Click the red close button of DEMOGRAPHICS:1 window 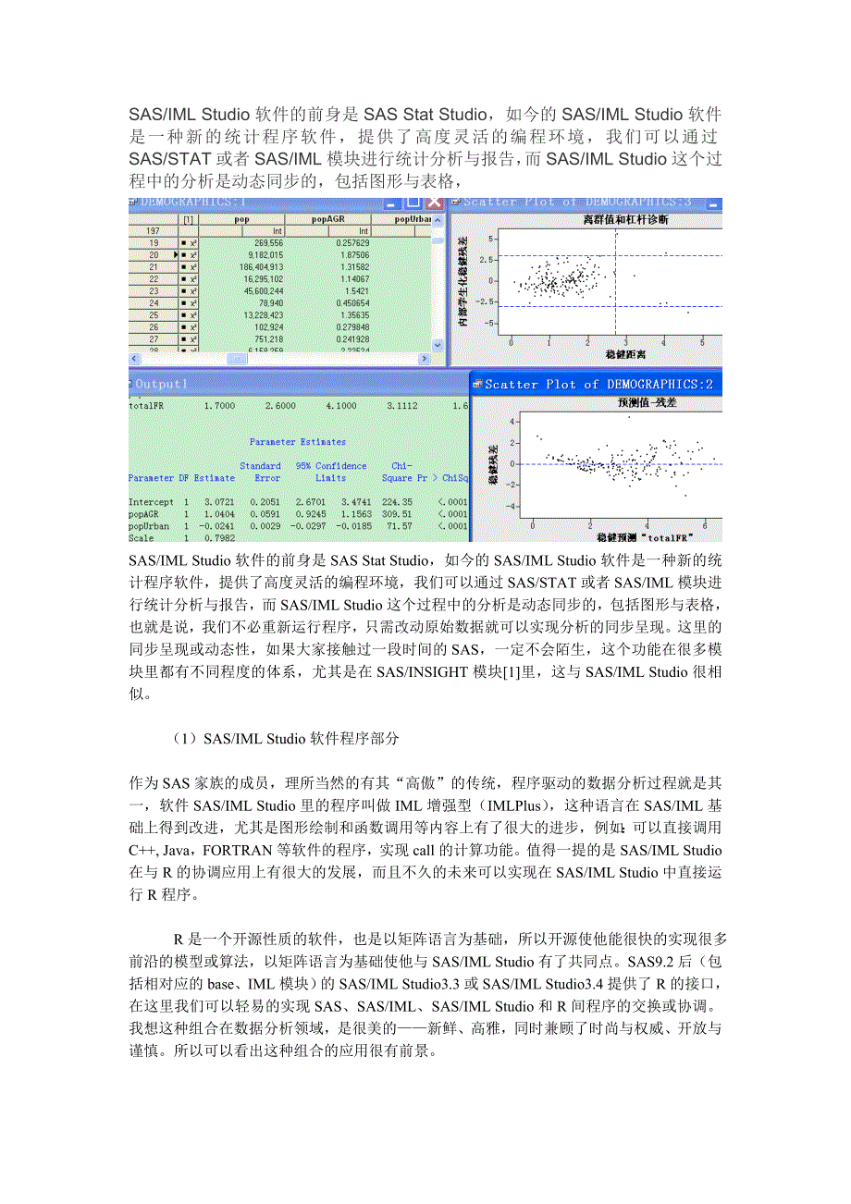pos(433,203)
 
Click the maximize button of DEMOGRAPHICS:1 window pos(413,203)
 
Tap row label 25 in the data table pos(154,315)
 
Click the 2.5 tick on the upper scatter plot pos(494,258)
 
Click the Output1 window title pos(161,384)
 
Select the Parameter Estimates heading pos(298,442)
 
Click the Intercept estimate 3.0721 pos(220,501)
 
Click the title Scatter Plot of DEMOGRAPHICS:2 pos(598,385)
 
